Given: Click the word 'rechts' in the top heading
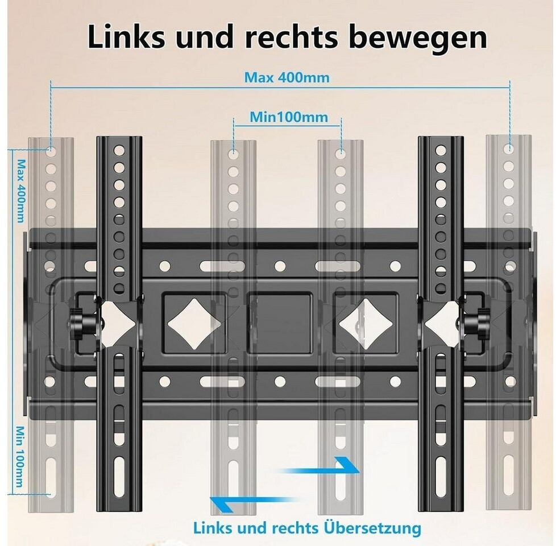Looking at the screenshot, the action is pos(291,37).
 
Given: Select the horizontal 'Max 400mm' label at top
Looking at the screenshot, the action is pos(287,77).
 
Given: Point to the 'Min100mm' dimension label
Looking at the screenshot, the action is pos(289,117).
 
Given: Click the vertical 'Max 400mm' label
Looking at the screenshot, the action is pos(21,191).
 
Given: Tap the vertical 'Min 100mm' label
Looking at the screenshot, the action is pos(20,457).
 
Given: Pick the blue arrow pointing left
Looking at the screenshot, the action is pos(254,503).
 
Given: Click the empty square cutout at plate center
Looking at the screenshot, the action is pos(280,323).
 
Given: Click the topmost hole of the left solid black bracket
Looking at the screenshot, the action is pos(119,150).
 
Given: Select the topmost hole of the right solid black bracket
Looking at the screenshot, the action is pos(441,150).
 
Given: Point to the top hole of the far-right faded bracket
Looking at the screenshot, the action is pos(509,148).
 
